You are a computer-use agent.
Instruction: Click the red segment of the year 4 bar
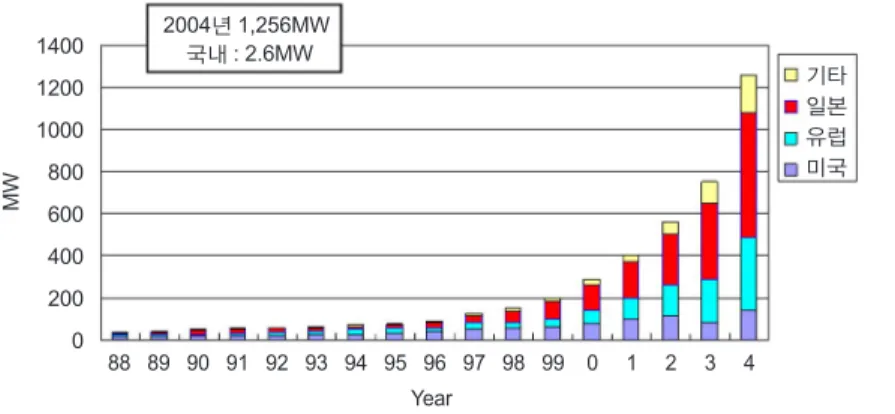[x=748, y=175]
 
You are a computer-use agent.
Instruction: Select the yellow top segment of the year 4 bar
[x=748, y=94]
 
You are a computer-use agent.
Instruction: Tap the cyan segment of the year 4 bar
[x=748, y=274]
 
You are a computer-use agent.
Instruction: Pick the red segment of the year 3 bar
[x=709, y=242]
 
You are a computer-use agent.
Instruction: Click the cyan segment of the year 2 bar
[x=670, y=300]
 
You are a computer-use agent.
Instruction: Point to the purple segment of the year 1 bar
[x=631, y=329]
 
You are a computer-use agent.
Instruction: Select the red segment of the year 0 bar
[x=591, y=298]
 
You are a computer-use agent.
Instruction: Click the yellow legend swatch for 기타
[x=791, y=75]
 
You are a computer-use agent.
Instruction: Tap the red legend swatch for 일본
[x=791, y=107]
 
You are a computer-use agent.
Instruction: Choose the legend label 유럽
[x=826, y=138]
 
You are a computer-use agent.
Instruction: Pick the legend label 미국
[x=826, y=169]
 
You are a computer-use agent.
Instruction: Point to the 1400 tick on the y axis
[x=60, y=46]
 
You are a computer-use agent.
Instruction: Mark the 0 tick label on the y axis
[x=77, y=340]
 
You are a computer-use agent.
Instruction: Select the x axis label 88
[x=119, y=364]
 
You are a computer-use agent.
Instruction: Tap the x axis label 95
[x=394, y=364]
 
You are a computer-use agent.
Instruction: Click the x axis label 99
[x=552, y=364]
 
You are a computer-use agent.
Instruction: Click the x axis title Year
[x=432, y=399]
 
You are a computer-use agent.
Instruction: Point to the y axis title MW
[x=11, y=192]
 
